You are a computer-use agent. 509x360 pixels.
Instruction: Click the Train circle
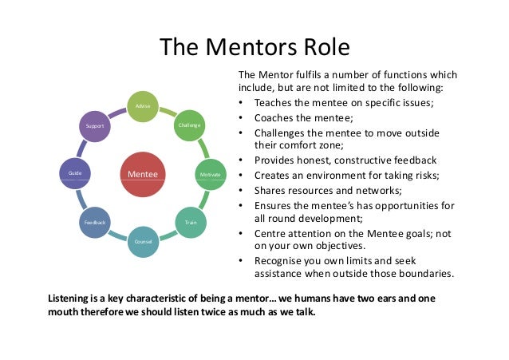[x=191, y=221]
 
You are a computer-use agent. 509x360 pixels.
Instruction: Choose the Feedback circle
[x=96, y=221]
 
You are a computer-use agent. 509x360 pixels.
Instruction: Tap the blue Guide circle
[x=76, y=173]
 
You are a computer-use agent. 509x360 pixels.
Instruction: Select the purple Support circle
[x=96, y=125]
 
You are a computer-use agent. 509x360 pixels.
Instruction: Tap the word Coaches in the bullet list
[x=275, y=117]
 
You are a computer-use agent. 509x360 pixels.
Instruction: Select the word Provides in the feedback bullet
[x=276, y=160]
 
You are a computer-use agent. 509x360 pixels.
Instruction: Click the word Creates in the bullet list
[x=274, y=175]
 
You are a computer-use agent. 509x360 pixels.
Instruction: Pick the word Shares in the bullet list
[x=270, y=189]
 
